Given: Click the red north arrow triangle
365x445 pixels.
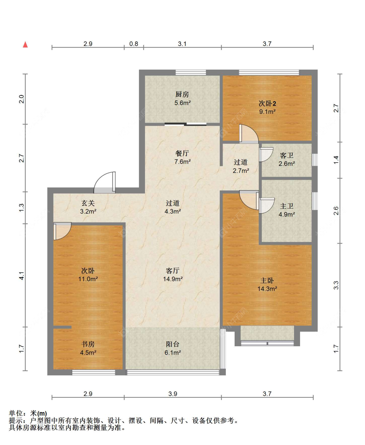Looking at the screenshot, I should (25, 45).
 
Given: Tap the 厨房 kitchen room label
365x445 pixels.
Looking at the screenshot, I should (182, 94).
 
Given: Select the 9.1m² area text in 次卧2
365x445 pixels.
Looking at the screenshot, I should (267, 112).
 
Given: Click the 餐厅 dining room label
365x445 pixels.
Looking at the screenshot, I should (182, 153).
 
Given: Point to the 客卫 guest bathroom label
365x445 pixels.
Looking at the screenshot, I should (286, 155).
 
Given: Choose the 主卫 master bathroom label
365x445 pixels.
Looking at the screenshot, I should (286, 206).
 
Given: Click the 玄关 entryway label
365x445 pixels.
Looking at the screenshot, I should (88, 203).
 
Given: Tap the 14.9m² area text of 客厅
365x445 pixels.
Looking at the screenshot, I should (173, 279).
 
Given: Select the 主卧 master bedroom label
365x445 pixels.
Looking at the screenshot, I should (267, 280).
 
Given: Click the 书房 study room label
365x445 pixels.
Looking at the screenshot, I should (88, 344).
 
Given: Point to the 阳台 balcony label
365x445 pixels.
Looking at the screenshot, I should (172, 344).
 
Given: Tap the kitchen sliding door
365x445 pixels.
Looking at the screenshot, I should (185, 124).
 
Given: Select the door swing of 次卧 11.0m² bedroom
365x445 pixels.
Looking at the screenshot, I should (62, 231).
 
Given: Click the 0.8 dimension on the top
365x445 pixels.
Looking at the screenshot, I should (134, 44).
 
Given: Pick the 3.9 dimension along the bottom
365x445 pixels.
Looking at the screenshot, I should (173, 394).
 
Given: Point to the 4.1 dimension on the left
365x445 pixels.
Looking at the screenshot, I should (21, 276).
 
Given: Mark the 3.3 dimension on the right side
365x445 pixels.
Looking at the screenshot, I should (336, 285).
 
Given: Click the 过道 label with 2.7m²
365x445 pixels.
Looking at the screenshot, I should (241, 162).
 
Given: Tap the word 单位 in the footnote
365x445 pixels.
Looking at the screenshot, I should (16, 413).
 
